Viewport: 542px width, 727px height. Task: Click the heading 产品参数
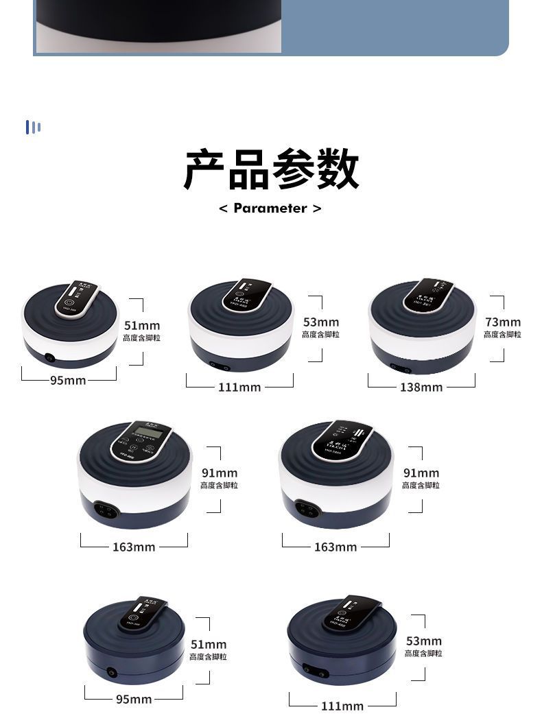[x=271, y=169]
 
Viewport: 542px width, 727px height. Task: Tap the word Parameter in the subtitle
[x=270, y=208]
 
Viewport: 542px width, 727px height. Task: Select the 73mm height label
[x=503, y=322]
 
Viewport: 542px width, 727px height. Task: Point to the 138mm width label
[x=421, y=388]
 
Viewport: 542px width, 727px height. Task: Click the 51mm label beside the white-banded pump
[x=142, y=325]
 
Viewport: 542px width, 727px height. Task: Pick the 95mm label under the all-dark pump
[x=134, y=700]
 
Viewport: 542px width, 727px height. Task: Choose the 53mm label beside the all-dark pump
[x=423, y=641]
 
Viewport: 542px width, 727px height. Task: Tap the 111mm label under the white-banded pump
[x=239, y=388]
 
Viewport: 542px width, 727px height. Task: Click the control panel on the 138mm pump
[x=427, y=295]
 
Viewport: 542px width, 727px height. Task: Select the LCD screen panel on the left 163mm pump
[x=143, y=440]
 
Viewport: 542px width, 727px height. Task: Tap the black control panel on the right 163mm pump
[x=342, y=439]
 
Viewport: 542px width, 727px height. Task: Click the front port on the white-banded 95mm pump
[x=49, y=357]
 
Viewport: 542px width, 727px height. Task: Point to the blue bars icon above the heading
[x=33, y=127]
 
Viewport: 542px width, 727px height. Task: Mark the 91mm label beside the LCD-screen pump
[x=220, y=473]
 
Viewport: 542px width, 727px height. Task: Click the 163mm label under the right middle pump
[x=335, y=547]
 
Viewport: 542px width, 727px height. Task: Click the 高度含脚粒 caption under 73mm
[x=502, y=335]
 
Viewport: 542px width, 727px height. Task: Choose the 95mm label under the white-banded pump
[x=67, y=381]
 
